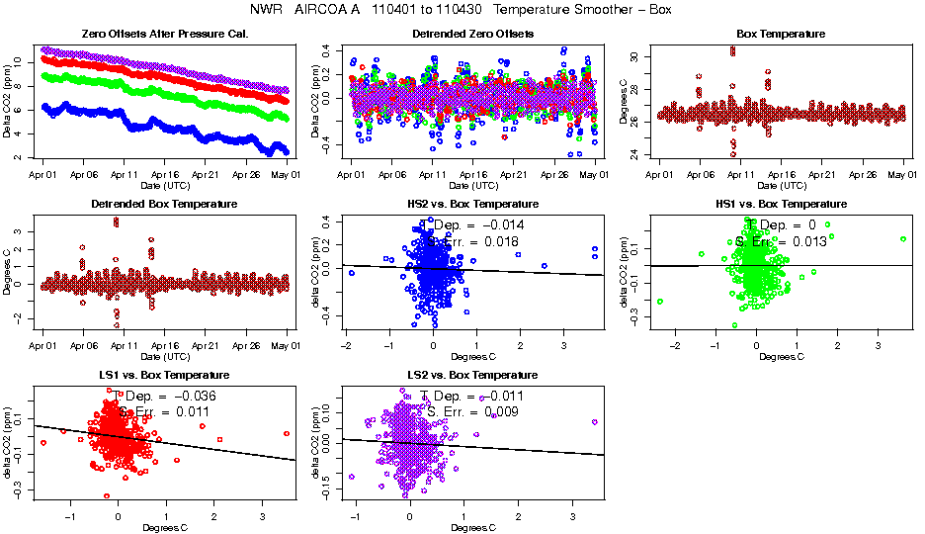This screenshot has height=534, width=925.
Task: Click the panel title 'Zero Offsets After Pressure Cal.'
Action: click(x=164, y=35)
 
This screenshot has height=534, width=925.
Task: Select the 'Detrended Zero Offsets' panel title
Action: click(x=471, y=35)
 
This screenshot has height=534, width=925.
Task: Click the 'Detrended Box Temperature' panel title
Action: click(x=164, y=205)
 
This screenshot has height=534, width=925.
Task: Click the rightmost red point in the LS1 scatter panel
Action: click(x=286, y=433)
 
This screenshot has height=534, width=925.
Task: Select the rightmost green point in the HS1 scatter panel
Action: click(x=903, y=239)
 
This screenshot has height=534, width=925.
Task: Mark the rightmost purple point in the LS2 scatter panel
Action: click(x=594, y=422)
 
